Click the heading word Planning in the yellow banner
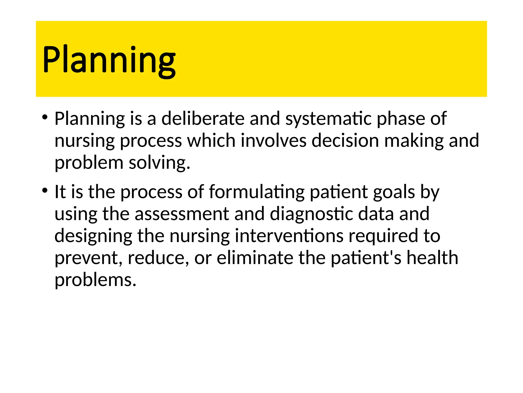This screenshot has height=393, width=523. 109,60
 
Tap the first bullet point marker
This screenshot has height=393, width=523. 45,118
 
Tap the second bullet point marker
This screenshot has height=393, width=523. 45,191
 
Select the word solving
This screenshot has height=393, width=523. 159,163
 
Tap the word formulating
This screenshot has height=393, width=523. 257,192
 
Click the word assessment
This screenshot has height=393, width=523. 182,214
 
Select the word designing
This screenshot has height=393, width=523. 93,236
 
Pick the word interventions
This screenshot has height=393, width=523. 289,236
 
